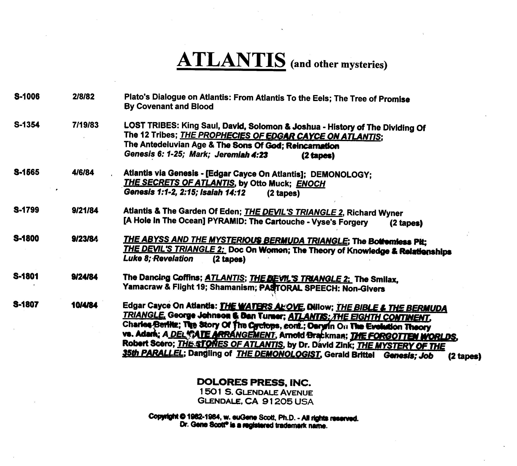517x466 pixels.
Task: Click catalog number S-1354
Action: pos(27,125)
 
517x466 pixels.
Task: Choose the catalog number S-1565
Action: pos(27,172)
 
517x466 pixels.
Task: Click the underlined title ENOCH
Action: pos(311,184)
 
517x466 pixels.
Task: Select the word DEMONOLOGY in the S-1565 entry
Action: pos(341,175)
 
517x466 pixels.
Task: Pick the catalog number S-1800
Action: pos(26,238)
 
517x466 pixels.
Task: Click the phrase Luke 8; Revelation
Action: pos(158,259)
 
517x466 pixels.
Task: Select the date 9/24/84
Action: pos(84,277)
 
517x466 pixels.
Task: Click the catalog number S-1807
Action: pos(26,304)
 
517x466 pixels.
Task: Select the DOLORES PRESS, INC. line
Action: pos(254,382)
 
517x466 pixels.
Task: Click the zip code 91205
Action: pos(277,401)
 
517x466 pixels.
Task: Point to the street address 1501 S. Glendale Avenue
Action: pos(256,392)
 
